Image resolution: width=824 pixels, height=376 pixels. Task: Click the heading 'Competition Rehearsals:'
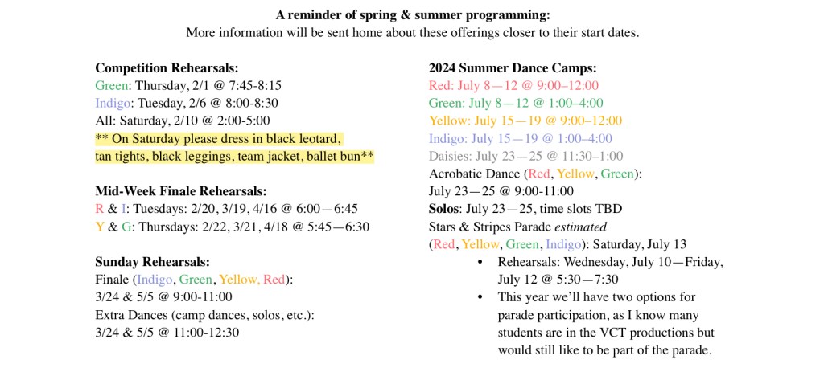(x=167, y=68)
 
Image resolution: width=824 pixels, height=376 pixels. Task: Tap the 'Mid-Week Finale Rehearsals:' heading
(x=180, y=191)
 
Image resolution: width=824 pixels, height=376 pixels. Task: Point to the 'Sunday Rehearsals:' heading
(x=152, y=261)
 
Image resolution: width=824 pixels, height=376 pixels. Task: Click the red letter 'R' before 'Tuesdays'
(x=99, y=209)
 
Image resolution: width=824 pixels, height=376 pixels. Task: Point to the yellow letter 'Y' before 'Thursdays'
(x=99, y=227)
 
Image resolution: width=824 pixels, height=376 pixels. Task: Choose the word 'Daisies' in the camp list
(x=450, y=156)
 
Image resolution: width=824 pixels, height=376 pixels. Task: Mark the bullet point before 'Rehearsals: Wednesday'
(x=480, y=262)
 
